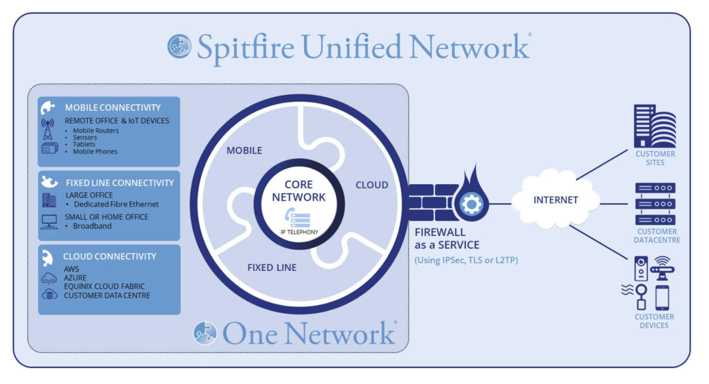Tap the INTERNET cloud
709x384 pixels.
point(556,199)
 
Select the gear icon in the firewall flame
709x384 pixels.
point(471,204)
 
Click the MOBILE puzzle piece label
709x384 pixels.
point(244,150)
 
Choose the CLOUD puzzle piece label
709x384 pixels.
point(372,185)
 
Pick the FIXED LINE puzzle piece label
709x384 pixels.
point(272,268)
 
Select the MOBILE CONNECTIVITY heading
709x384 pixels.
point(112,108)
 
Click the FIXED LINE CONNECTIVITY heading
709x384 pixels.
point(119,183)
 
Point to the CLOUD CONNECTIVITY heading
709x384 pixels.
point(110,256)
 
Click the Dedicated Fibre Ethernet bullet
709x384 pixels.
point(116,205)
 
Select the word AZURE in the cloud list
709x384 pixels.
point(75,278)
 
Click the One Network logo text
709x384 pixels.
point(308,333)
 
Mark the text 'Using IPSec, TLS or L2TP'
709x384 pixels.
point(466,260)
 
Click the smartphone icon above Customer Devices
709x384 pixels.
point(662,298)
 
